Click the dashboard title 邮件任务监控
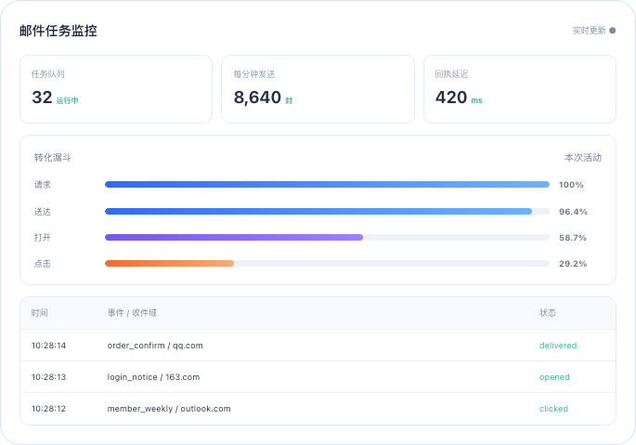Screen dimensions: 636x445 click(58, 31)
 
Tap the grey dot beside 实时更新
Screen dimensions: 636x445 click(613, 31)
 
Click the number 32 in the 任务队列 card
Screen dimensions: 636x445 click(42, 98)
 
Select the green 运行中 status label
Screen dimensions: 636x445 click(68, 100)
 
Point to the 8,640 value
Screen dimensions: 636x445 click(257, 98)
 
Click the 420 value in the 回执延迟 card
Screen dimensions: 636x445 click(451, 98)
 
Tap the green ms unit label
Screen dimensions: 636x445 click(476, 100)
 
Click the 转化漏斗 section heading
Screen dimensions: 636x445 click(52, 158)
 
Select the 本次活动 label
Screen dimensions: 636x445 click(583, 158)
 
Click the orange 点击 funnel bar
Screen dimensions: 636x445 click(169, 264)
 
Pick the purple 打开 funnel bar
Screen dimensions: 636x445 click(234, 238)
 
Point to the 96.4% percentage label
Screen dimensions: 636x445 click(573, 212)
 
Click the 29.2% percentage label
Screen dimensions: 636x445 click(573, 264)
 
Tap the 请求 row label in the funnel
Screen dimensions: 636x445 click(43, 185)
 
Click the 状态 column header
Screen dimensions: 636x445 click(548, 313)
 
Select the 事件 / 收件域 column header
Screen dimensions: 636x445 click(132, 313)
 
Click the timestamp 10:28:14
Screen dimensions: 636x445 click(48, 346)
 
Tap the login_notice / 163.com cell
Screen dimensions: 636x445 click(153, 377)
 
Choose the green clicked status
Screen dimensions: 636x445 click(553, 409)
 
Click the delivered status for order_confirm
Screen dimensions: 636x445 click(558, 346)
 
